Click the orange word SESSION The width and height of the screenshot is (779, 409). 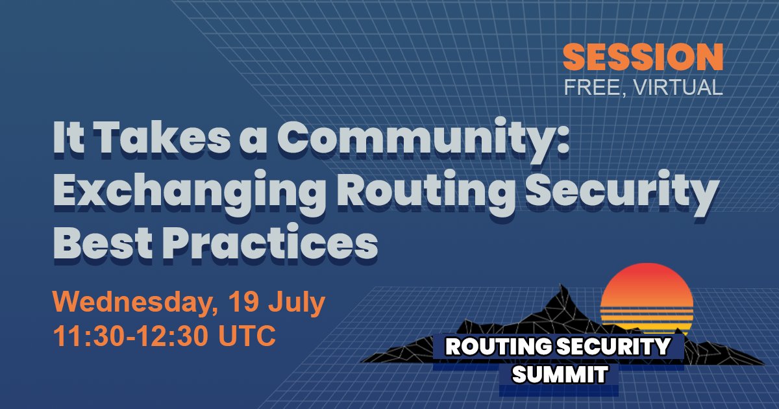point(642,58)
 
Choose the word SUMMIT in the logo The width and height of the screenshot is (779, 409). point(560,374)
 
